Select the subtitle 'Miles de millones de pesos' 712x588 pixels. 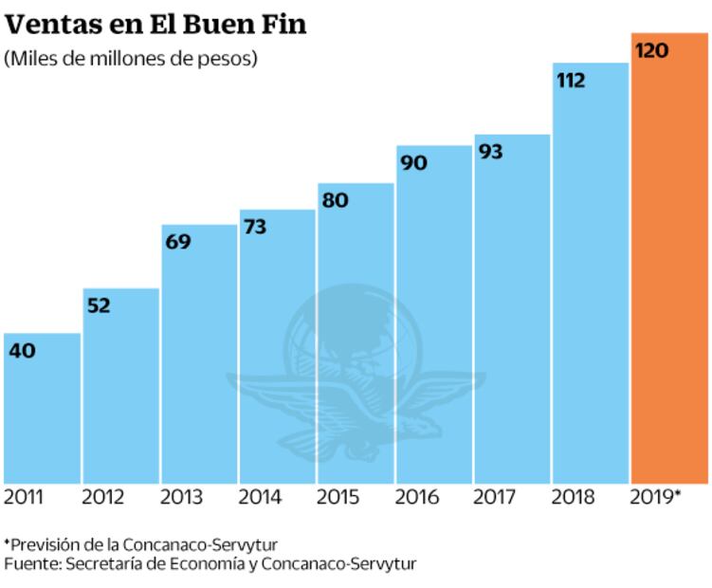132,59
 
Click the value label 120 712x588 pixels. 651,50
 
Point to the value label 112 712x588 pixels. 571,81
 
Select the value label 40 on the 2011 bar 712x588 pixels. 22,351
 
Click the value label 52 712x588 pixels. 99,305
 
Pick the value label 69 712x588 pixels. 177,242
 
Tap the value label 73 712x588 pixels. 256,227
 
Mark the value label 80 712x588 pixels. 335,200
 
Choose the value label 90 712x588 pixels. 413,163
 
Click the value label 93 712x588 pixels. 491,152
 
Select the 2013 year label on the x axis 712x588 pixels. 179,497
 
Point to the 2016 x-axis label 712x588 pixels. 414,497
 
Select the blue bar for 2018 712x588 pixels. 591,285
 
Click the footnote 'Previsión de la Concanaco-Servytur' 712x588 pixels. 141,544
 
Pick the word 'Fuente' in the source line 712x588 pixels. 27,563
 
